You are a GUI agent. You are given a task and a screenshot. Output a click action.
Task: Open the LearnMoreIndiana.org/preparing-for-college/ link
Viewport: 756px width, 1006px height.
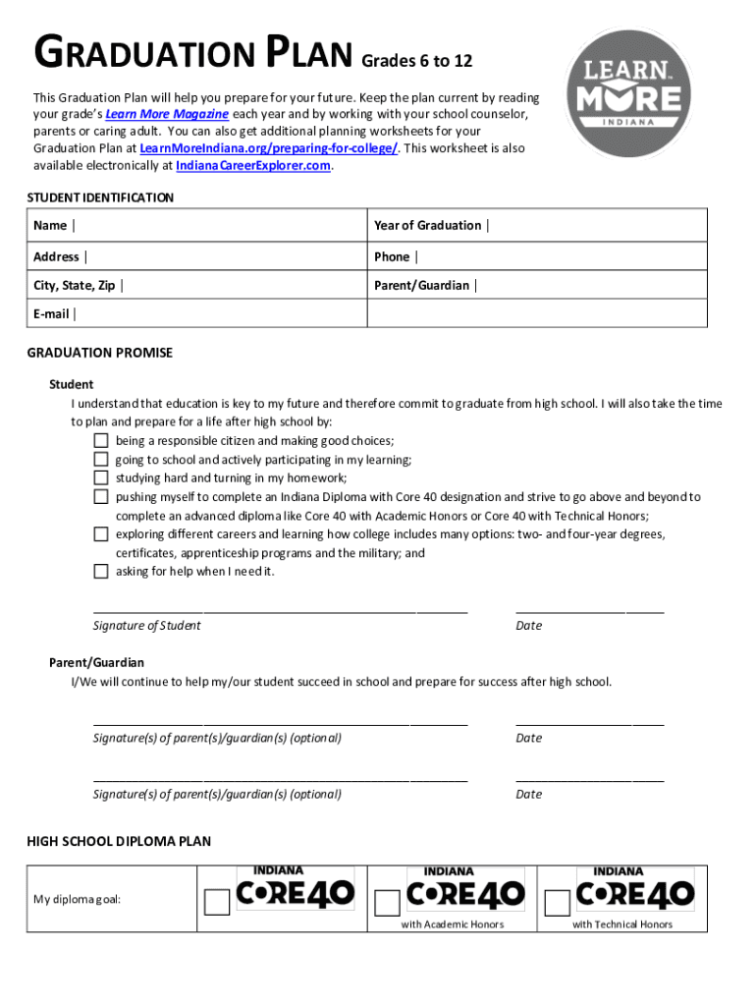click(x=269, y=148)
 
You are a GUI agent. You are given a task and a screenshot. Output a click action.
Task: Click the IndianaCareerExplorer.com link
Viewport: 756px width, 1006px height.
click(x=253, y=166)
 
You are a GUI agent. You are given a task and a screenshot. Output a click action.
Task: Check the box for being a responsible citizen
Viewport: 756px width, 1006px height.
click(x=101, y=441)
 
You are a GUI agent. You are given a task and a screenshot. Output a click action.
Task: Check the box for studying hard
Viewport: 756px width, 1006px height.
click(x=101, y=478)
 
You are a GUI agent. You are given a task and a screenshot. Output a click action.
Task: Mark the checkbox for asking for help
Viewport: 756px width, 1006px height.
click(x=101, y=572)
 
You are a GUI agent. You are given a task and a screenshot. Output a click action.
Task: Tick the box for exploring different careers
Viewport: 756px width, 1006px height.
click(x=101, y=534)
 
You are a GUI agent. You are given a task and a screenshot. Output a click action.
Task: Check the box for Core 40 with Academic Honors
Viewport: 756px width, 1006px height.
click(x=388, y=903)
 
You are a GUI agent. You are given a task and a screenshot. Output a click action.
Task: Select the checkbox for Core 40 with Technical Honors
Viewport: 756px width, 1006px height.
click(x=557, y=903)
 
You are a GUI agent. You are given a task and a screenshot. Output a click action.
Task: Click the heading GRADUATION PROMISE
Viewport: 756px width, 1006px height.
click(x=99, y=353)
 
